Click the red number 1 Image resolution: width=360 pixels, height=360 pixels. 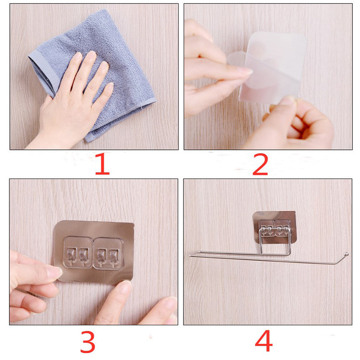coord(102,164)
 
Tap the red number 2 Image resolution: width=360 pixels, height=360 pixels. coord(260,164)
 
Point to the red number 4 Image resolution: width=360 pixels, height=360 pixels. coord(264,341)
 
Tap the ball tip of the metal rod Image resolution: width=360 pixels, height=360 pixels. coord(346,254)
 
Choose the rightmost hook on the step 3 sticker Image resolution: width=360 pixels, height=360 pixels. coord(113,256)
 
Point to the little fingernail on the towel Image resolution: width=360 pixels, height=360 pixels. coord(110,86)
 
